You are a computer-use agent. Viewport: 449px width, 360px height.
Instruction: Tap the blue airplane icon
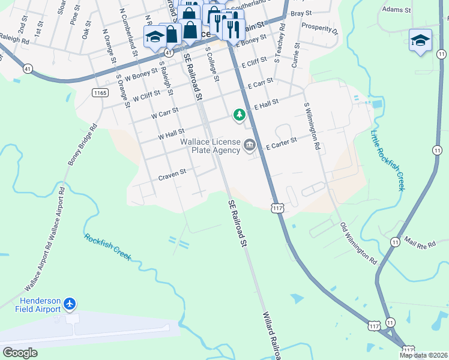70,304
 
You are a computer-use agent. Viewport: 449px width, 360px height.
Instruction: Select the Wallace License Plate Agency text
210,146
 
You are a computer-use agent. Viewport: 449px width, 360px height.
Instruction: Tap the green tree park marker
240,114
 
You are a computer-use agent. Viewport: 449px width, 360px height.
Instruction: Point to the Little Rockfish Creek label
388,160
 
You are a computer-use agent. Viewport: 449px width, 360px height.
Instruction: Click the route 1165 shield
100,92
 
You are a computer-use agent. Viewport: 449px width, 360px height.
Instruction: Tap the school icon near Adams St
420,40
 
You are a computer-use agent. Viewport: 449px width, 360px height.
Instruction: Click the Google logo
20,352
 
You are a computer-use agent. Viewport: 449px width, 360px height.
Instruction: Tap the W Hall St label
171,133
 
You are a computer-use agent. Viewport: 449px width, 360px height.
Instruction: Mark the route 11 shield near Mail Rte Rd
394,241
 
